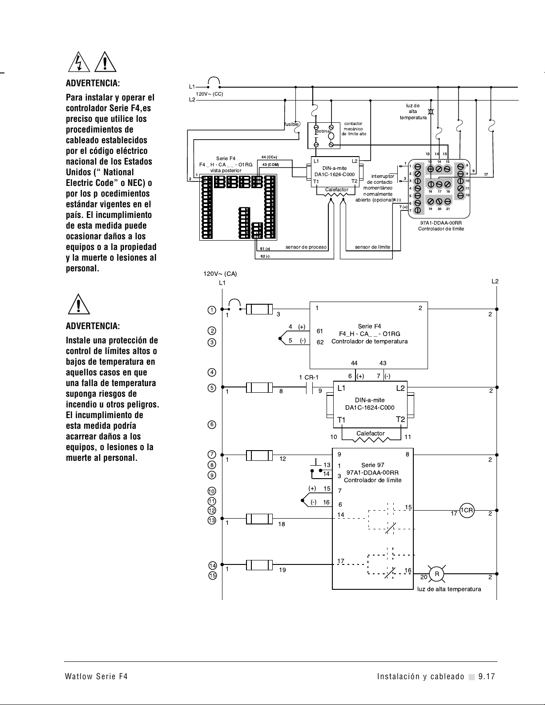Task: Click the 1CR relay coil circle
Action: tap(466, 511)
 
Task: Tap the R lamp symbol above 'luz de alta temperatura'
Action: tap(437, 574)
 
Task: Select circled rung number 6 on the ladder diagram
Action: tap(212, 424)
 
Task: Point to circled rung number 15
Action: tap(212, 576)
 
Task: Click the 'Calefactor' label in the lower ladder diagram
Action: tap(370, 433)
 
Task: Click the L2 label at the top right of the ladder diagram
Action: tap(495, 281)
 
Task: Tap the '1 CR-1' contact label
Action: tap(308, 378)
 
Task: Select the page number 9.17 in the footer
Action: tap(487, 677)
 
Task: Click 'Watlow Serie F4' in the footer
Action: tap(97, 677)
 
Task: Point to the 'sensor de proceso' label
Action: tap(306, 247)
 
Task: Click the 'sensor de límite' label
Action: tap(372, 247)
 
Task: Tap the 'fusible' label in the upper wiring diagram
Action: tap(291, 124)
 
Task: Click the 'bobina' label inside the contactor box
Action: tap(323, 131)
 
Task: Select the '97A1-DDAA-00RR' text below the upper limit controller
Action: tap(441, 223)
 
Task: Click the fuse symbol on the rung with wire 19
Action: tap(259, 565)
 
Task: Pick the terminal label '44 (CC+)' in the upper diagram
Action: tap(269, 157)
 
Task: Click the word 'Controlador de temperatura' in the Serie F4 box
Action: tap(369, 342)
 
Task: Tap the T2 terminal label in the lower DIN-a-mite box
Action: tap(400, 419)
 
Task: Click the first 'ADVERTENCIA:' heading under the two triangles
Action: tap(93, 84)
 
